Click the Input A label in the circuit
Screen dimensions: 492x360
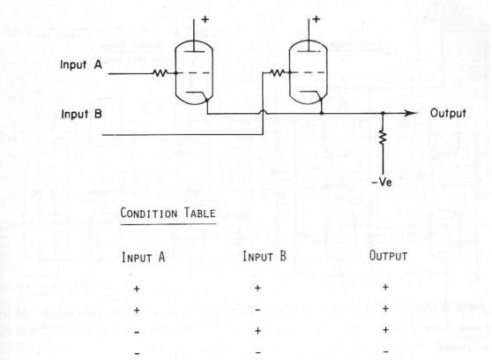pos(81,64)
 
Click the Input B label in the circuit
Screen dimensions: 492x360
pos(82,114)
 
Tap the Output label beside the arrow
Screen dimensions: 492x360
pos(448,113)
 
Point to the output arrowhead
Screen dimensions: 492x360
pos(411,113)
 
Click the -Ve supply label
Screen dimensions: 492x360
pos(382,182)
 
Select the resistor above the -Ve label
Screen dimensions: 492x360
pos(383,138)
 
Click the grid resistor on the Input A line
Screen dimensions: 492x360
pos(160,73)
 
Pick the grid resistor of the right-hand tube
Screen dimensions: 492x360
pos(278,73)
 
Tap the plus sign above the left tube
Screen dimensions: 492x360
pos(205,19)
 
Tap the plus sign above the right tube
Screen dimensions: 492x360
pos(317,19)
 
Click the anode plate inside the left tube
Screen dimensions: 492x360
pos(195,51)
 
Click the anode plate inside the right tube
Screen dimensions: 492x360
pos(309,51)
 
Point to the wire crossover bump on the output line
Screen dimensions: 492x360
pos(263,112)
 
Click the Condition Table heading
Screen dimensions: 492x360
pos(168,214)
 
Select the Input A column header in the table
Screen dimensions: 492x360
pos(144,257)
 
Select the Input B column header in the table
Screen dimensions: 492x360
pos(265,257)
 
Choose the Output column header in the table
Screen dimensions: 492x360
pos(388,256)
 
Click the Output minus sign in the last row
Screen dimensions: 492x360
pos(386,351)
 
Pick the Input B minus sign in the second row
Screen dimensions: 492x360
pos(257,311)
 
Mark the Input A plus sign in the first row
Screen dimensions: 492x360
pos(137,289)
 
